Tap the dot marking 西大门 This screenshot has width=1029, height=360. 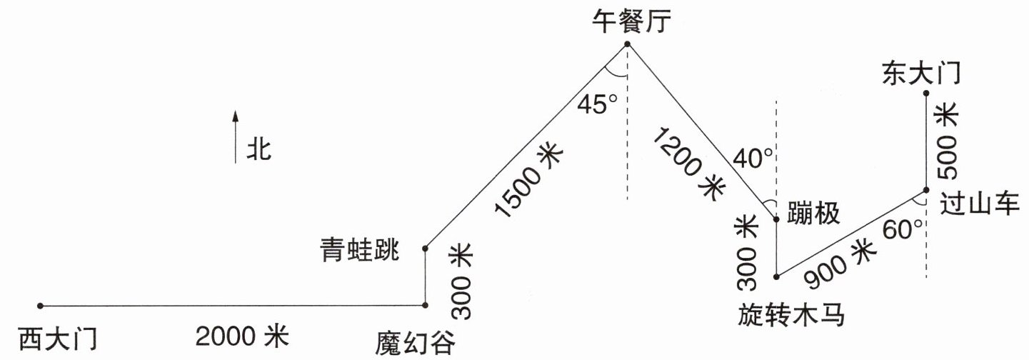point(41,306)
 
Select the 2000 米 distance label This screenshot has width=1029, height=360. point(244,334)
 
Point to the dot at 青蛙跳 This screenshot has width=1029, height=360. point(426,249)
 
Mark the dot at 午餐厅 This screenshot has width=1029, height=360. point(628,44)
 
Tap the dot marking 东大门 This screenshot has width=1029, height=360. point(926,93)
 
